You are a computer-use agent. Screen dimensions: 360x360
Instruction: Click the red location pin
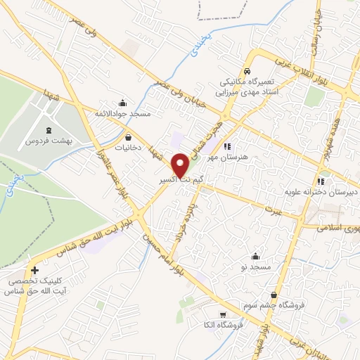pyautogui.click(x=180, y=165)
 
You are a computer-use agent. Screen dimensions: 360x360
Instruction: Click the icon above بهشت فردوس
pyautogui.click(x=48, y=131)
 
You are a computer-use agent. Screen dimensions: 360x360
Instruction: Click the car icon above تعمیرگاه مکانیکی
pyautogui.click(x=247, y=72)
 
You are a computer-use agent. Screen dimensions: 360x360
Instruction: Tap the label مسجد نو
pyautogui.click(x=255, y=268)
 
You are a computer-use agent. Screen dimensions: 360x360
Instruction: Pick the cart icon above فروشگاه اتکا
pyautogui.click(x=223, y=315)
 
